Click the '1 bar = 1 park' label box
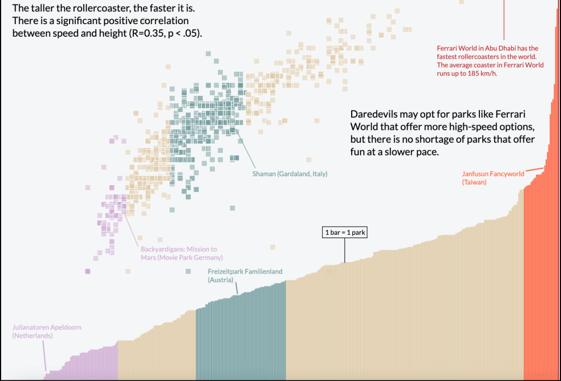(x=345, y=233)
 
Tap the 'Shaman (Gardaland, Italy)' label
(x=289, y=174)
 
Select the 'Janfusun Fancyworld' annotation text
(x=493, y=174)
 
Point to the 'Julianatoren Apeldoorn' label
(x=47, y=327)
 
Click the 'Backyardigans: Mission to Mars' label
(x=179, y=249)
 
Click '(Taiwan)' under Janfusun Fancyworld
(x=474, y=182)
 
